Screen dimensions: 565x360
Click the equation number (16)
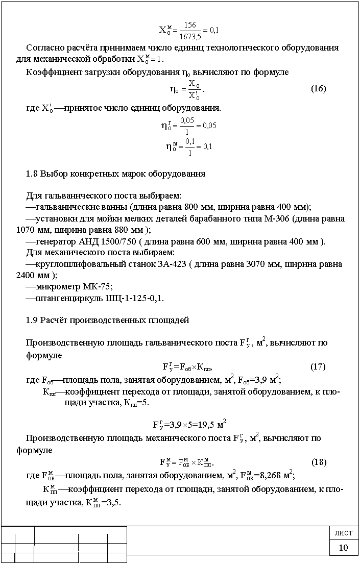tap(318, 89)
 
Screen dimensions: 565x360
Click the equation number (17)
tap(318, 366)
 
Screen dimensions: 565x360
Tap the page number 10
tap(343, 548)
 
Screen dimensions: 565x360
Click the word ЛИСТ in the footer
tap(343, 533)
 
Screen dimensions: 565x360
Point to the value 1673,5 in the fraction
tap(190, 36)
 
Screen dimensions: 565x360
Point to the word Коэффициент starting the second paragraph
tap(51, 72)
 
